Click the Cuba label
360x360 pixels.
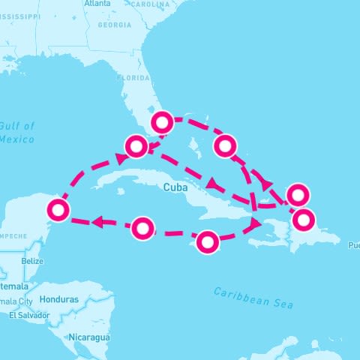click(173, 188)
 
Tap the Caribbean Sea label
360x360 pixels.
click(253, 298)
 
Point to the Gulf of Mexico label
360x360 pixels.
click(17, 133)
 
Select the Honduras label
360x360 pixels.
click(60, 299)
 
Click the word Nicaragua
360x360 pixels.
click(89, 337)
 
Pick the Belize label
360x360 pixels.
click(32, 261)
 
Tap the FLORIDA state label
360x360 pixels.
click(133, 77)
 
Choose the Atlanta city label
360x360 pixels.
click(97, 4)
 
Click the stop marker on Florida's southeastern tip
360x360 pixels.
click(163, 121)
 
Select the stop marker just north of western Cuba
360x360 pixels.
click(136, 145)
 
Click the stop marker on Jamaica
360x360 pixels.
click(208, 241)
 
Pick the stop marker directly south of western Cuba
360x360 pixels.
click(143, 227)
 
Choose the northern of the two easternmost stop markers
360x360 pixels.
click(298, 194)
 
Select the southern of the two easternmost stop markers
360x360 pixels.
click(304, 220)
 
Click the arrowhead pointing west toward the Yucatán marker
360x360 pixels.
click(97, 222)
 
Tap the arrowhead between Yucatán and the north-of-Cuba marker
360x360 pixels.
click(120, 158)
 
